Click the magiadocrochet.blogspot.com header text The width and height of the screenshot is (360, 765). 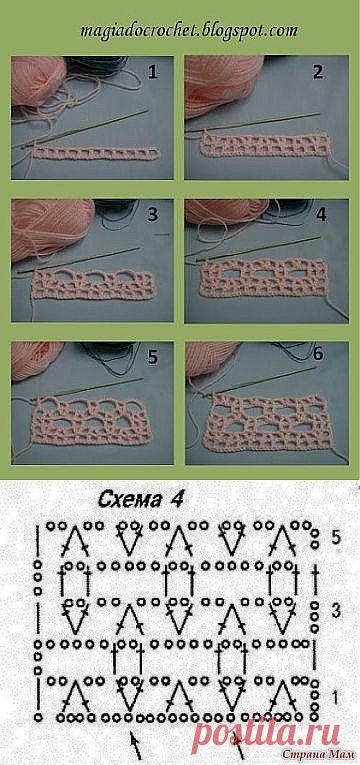coord(188,31)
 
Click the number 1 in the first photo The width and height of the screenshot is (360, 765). coord(153,73)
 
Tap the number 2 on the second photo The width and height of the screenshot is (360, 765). coord(318,73)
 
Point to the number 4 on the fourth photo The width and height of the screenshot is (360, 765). coord(320,216)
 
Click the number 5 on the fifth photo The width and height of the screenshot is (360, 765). coord(153,357)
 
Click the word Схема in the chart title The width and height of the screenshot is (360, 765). coord(127,499)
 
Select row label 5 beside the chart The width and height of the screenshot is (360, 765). coord(335,538)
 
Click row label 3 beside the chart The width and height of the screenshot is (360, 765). coord(335,610)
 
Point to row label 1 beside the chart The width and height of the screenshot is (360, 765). coord(335,694)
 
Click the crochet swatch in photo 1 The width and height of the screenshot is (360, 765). coord(96,153)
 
